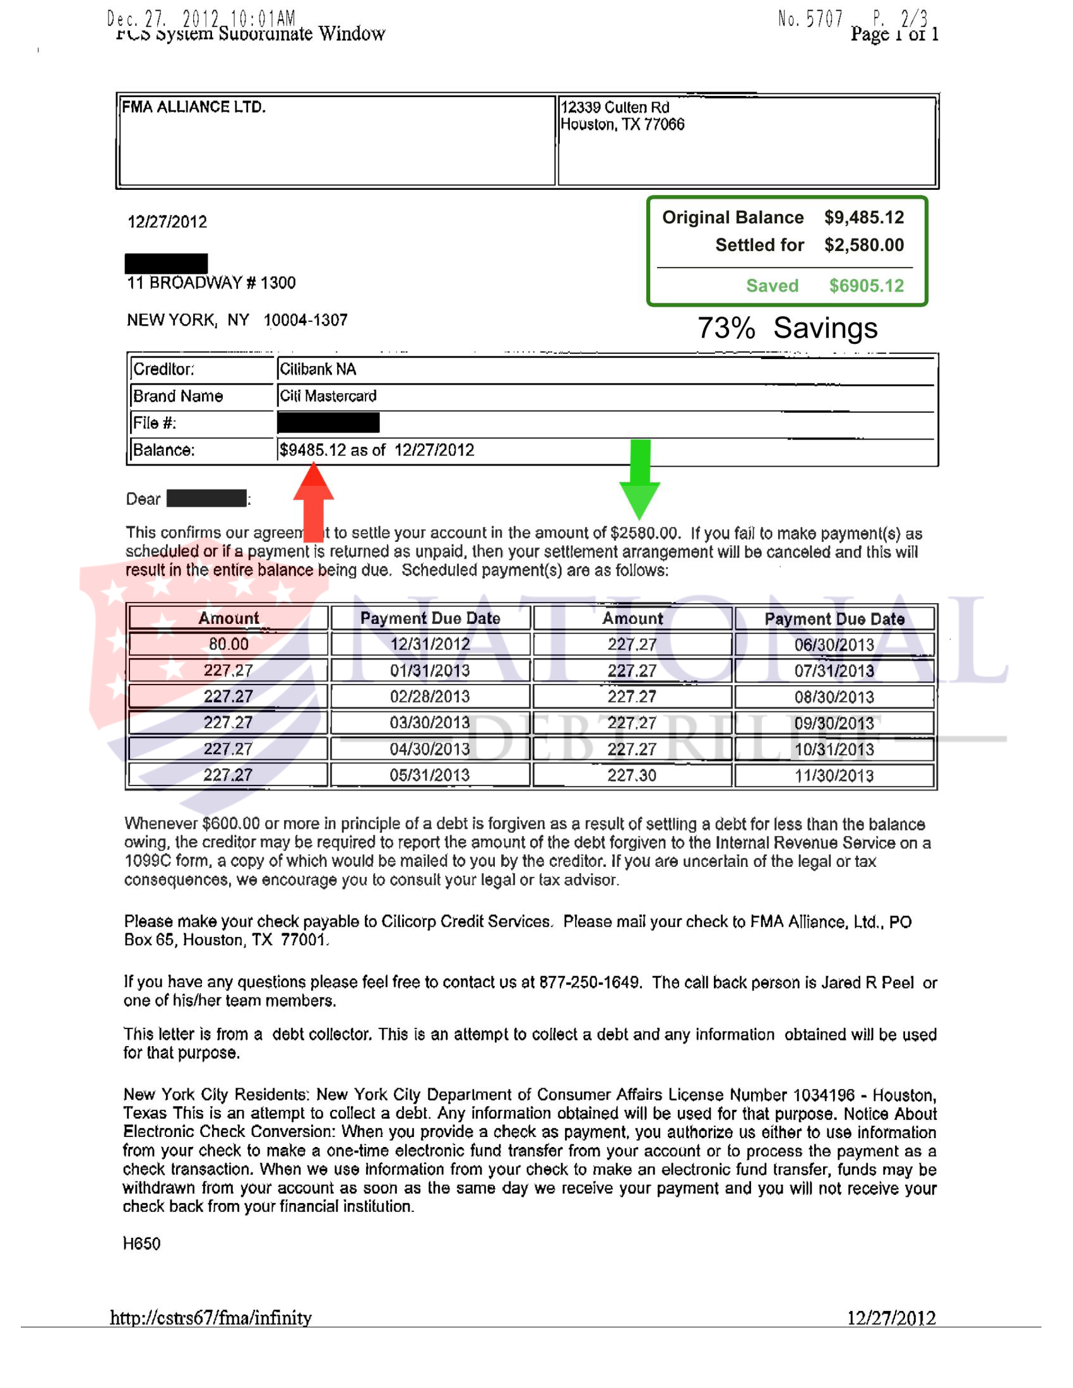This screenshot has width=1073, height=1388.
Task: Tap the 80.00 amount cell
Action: click(x=228, y=644)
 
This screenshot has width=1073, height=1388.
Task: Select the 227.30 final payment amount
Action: click(x=631, y=775)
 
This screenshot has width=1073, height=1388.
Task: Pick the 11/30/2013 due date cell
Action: click(x=833, y=775)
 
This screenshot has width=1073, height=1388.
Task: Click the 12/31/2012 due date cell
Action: click(x=430, y=644)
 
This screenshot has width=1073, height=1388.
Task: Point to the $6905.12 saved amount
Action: click(x=866, y=285)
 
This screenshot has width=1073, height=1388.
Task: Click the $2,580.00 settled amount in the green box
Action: click(x=864, y=245)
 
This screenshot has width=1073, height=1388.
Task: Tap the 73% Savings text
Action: click(x=787, y=328)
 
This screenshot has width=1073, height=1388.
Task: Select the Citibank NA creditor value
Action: click(x=318, y=369)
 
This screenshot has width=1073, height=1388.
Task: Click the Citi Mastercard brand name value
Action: click(x=328, y=396)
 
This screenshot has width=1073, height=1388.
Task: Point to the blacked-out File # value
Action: click(x=328, y=423)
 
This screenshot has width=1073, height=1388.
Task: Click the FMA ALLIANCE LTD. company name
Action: click(x=194, y=107)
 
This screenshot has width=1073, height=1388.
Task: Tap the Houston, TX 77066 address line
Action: click(x=622, y=124)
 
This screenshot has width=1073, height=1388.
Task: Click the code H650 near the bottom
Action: click(x=141, y=1243)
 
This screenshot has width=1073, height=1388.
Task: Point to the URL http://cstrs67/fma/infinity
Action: click(x=210, y=1317)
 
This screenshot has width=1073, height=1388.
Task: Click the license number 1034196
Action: click(x=823, y=1095)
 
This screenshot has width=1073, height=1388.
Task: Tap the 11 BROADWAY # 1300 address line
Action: click(x=211, y=283)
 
